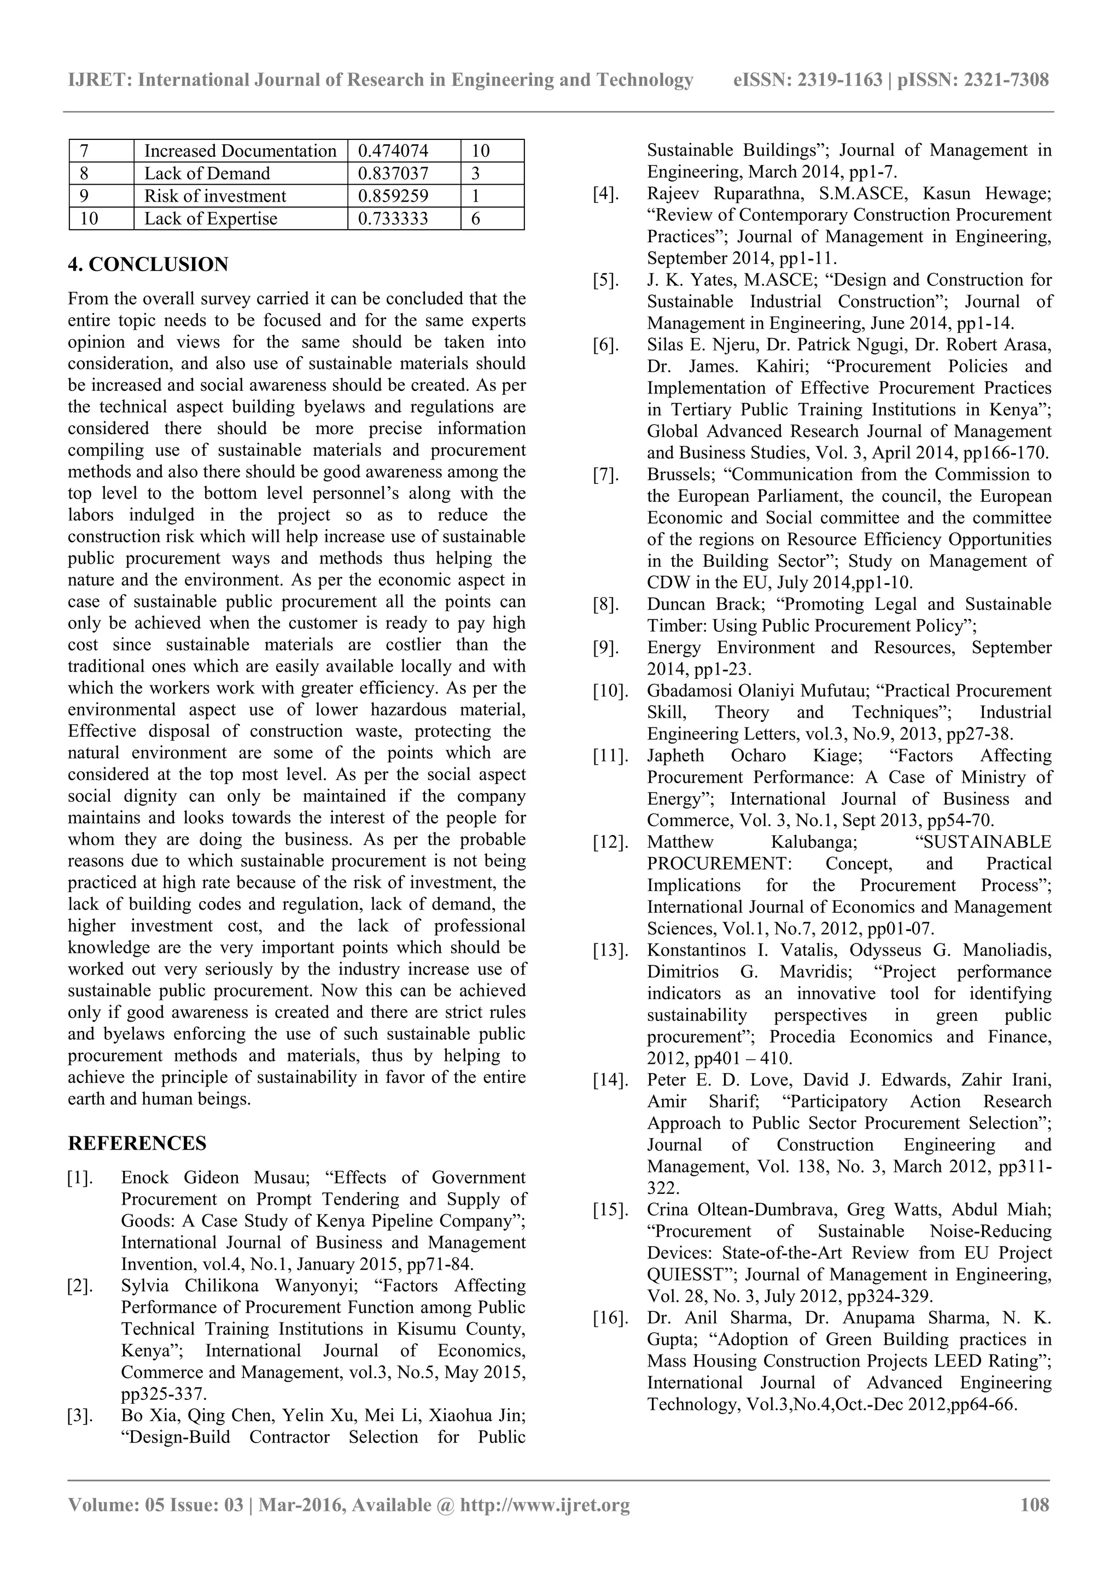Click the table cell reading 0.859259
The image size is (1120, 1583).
coord(393,196)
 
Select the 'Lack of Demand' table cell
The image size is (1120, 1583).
coord(207,173)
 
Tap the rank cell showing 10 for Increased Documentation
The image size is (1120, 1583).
coord(481,150)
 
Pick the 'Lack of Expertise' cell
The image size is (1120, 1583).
coord(211,219)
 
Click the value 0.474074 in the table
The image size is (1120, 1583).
coord(393,150)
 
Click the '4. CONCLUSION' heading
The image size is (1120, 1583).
coord(148,264)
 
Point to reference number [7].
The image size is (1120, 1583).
coord(607,474)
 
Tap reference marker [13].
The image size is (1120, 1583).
coord(610,950)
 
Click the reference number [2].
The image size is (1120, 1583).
coord(81,1286)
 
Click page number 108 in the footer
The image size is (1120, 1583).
coord(1035,1504)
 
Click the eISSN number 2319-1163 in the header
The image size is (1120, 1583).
coord(839,80)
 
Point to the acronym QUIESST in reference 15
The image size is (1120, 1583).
coord(686,1274)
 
